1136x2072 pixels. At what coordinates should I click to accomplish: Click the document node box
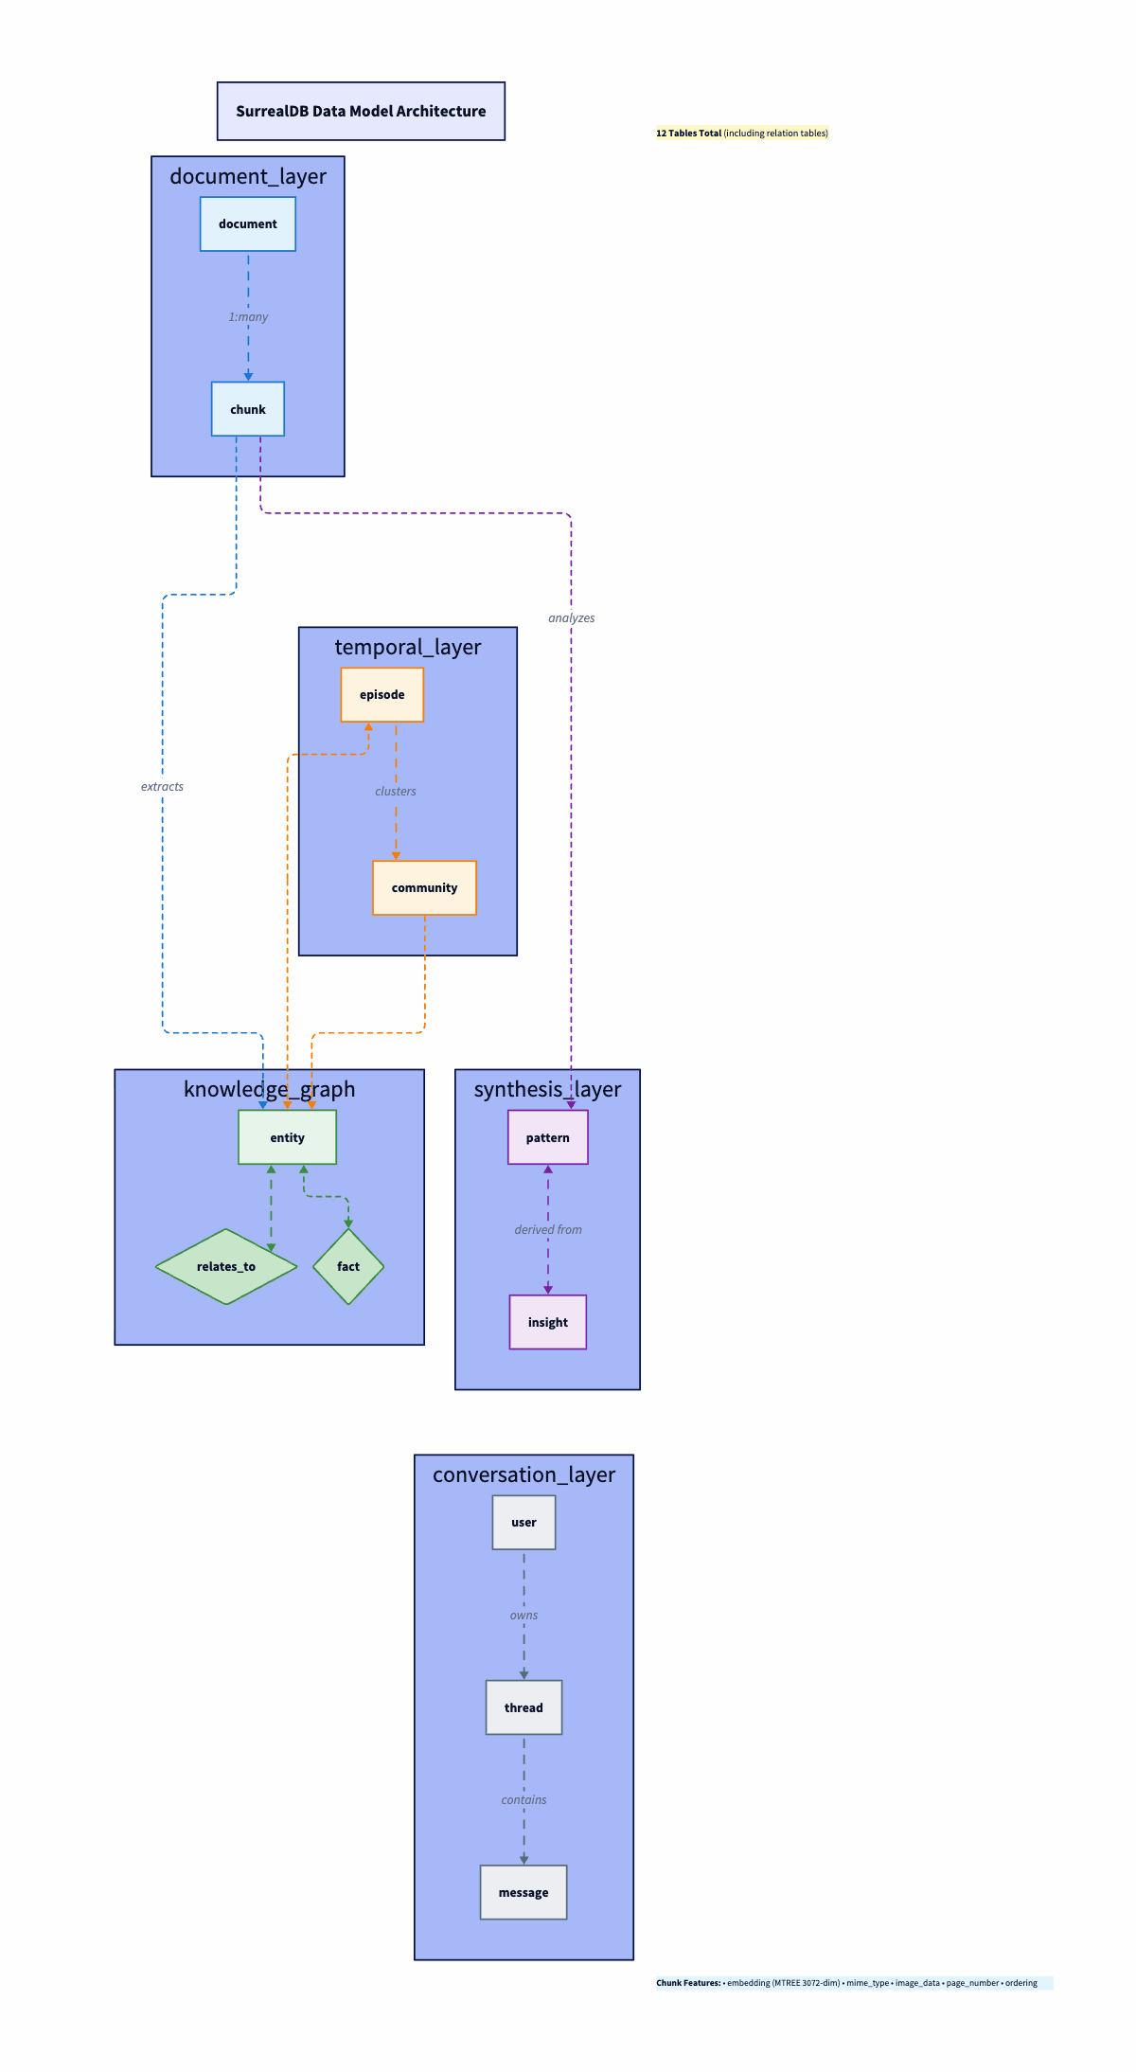click(x=248, y=224)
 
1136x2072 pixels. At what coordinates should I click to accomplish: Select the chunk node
click(x=248, y=409)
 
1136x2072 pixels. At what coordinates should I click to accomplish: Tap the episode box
click(x=382, y=695)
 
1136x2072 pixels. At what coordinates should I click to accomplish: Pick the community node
click(x=424, y=888)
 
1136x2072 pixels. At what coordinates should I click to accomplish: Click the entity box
click(x=287, y=1137)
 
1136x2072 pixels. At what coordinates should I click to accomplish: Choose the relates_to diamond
click(x=226, y=1267)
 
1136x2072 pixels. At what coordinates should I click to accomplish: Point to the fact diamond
click(x=348, y=1267)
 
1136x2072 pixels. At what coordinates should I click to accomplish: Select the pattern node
click(x=548, y=1137)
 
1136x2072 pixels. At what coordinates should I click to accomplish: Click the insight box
click(x=548, y=1322)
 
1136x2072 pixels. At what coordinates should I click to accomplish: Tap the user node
click(x=524, y=1523)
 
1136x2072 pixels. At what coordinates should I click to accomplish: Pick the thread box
click(x=524, y=1707)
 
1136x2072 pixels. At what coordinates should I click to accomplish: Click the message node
click(x=524, y=1892)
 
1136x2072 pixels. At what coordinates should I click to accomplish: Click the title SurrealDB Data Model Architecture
click(x=361, y=112)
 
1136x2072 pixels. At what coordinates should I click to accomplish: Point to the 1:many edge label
click(x=248, y=317)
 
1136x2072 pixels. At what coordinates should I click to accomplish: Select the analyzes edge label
click(x=572, y=618)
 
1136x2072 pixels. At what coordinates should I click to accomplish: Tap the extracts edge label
click(x=162, y=787)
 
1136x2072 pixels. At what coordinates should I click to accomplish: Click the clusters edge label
click(x=396, y=792)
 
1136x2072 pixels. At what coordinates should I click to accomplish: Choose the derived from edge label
click(x=548, y=1230)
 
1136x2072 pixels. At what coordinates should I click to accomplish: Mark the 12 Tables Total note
click(x=742, y=134)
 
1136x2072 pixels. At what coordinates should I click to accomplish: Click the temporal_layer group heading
click(x=408, y=648)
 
